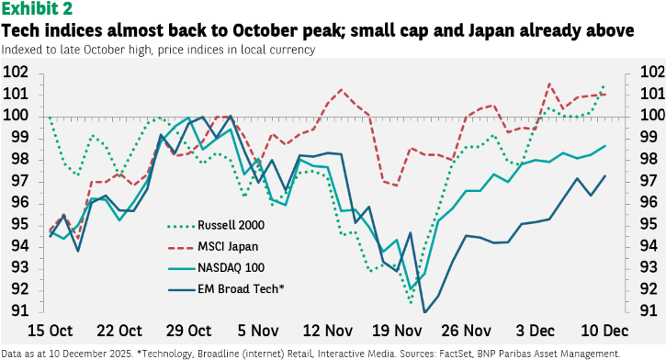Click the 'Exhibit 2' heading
(x=37, y=9)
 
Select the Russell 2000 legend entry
(x=216, y=225)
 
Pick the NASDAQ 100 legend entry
(x=216, y=268)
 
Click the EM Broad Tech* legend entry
(x=226, y=289)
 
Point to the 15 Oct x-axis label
(x=51, y=331)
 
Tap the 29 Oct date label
(x=188, y=331)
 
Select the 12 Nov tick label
(x=327, y=331)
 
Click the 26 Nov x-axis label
(x=466, y=331)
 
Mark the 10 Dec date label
(x=604, y=331)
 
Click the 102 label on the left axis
(x=16, y=72)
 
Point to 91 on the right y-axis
(x=649, y=310)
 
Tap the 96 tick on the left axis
(x=19, y=202)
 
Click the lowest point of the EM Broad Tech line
(x=424, y=312)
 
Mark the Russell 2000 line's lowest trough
(x=411, y=303)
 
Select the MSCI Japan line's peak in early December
(x=549, y=84)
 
